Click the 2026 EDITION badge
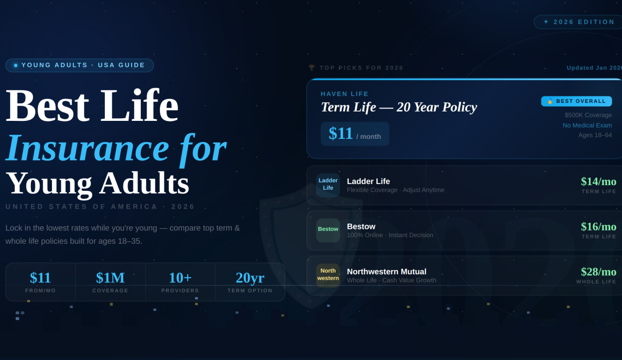[579, 22]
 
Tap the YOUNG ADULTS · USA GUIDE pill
[80, 65]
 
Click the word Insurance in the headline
[87, 148]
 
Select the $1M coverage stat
[110, 278]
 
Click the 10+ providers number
[180, 278]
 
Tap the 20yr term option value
[250, 278]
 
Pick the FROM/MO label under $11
[41, 291]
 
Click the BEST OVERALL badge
[576, 101]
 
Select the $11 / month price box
[355, 134]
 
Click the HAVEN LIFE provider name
[344, 94]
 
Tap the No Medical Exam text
[587, 125]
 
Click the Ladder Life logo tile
[328, 185]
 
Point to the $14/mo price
[598, 182]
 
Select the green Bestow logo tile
[328, 230]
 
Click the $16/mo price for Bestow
[598, 227]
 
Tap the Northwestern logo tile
[328, 275]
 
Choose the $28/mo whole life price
[598, 272]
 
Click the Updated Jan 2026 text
[594, 68]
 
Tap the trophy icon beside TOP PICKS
[312, 68]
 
